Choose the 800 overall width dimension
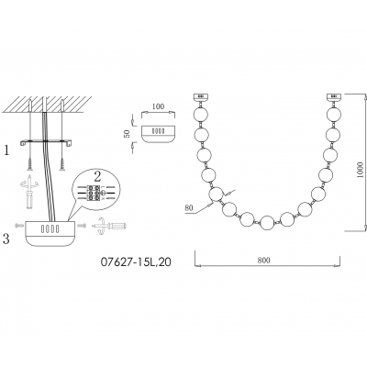[264, 261]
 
